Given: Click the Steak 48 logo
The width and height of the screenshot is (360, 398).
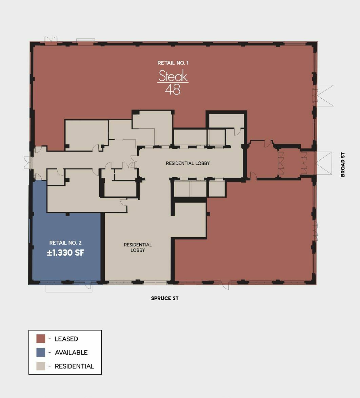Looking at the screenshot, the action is coord(173,82).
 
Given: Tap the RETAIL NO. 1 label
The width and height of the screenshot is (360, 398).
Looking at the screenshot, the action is coord(173,63).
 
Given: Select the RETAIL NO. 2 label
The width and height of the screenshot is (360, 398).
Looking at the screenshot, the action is coord(65,243).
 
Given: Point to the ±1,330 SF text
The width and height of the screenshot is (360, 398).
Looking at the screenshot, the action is coord(65,253).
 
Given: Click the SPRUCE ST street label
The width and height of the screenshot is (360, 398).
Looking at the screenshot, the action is coord(165,298).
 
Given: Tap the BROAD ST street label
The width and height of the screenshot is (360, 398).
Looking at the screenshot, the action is coord(343,164).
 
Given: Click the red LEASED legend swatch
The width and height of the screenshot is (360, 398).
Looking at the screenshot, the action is coord(41,339).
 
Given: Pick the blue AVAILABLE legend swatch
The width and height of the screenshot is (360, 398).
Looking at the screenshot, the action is coord(41,352).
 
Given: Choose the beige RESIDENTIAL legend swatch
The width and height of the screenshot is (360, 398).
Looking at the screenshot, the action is coord(41,366).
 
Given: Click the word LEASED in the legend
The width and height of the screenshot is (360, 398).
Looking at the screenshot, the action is coord(66,339).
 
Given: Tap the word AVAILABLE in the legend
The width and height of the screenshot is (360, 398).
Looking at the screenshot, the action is coord(71,353).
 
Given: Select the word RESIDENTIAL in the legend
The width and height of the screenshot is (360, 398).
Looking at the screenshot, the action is coord(74,366).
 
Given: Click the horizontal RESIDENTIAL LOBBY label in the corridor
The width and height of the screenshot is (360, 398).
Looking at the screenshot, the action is coord(188,163).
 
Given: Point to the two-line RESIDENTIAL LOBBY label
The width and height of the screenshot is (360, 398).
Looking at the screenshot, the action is coord(138,247).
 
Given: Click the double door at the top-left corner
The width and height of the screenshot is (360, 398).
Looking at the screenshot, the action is coord(51,40).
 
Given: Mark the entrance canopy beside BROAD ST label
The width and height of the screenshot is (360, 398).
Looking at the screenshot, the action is coord(324,163).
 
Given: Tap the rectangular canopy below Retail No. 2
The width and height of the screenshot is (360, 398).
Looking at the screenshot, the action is coord(69,288).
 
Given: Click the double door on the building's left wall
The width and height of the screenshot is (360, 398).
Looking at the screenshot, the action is coord(28,163).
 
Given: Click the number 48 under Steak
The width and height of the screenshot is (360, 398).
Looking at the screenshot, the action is coord(173,89).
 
